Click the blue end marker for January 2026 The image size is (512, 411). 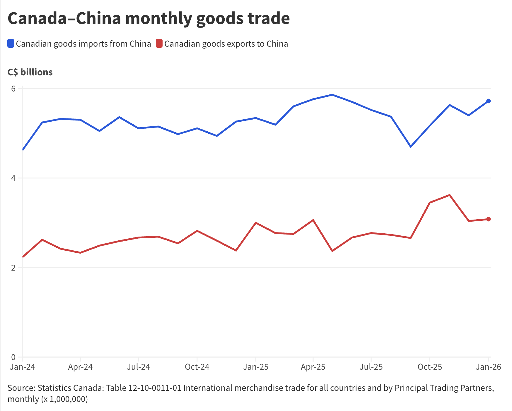(x=488, y=101)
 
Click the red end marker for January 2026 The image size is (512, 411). (x=488, y=219)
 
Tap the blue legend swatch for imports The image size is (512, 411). (x=11, y=43)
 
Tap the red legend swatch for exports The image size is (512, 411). (x=159, y=43)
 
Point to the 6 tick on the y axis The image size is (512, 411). (x=13, y=89)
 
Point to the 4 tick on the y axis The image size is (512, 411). (x=13, y=178)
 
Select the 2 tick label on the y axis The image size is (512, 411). (x=13, y=268)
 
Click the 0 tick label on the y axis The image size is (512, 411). (x=13, y=357)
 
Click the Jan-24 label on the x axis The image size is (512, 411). (x=22, y=367)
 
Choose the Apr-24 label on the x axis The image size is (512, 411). (x=80, y=367)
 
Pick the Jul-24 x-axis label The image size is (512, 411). (x=138, y=367)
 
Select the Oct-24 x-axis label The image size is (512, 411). (x=197, y=367)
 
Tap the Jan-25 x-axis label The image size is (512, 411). (x=256, y=367)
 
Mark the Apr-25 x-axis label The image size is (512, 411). (x=313, y=367)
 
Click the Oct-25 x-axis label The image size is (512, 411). (x=430, y=367)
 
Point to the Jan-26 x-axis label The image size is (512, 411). (x=488, y=367)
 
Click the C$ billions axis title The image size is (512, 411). (x=30, y=72)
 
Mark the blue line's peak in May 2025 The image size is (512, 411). (x=332, y=95)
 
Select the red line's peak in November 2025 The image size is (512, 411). (x=449, y=195)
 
